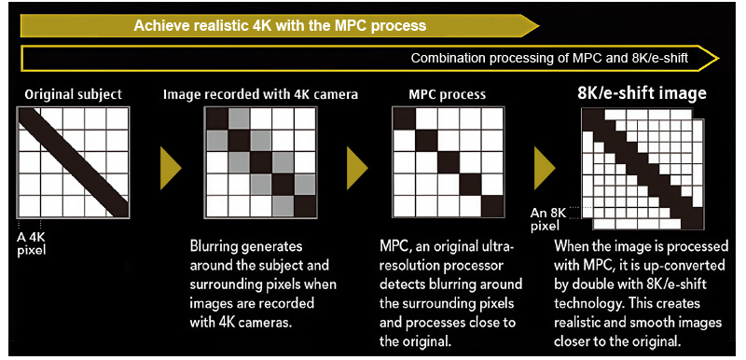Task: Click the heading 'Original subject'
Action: click(73, 94)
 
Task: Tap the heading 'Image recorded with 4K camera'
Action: click(260, 94)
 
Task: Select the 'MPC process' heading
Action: click(448, 94)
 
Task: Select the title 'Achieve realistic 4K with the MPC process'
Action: click(280, 24)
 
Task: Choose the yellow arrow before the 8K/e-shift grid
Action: click(546, 166)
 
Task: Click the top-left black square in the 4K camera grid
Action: click(216, 118)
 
